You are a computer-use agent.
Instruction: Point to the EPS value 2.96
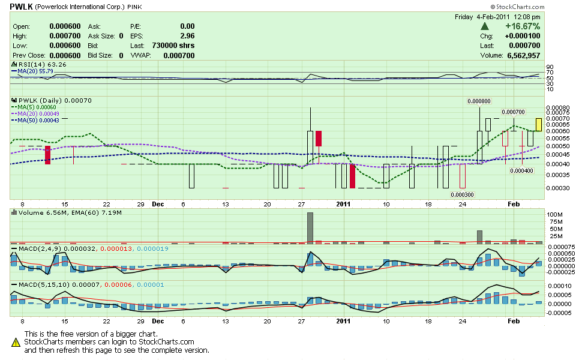click(x=187, y=36)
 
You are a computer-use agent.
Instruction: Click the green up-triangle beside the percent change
click(x=485, y=26)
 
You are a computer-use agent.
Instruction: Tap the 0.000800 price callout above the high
click(x=479, y=101)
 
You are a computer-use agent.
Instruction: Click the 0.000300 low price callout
click(x=461, y=194)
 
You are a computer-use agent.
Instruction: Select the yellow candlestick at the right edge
click(x=539, y=124)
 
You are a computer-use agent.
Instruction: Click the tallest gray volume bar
click(x=310, y=227)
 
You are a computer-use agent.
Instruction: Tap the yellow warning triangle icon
click(x=16, y=342)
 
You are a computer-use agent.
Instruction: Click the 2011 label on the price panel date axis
click(x=341, y=203)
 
